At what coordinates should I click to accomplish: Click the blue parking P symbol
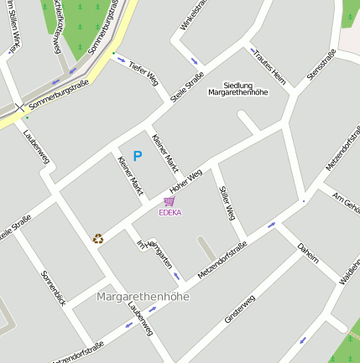(x=137, y=155)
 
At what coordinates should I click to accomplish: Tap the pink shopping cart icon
(x=170, y=201)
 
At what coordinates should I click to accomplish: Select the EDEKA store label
(x=170, y=212)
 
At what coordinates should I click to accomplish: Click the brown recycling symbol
(x=98, y=239)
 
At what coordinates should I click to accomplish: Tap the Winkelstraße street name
(x=192, y=16)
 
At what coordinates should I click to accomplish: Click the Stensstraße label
(x=321, y=64)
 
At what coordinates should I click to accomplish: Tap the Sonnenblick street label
(x=53, y=287)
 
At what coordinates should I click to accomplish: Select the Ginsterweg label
(x=239, y=308)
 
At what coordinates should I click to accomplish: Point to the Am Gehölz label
(x=347, y=202)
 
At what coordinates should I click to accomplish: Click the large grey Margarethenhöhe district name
(x=143, y=297)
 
